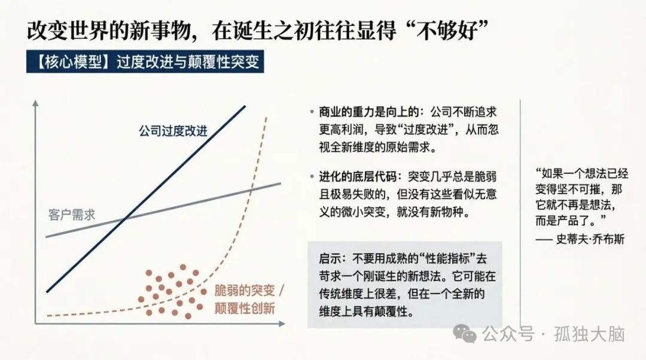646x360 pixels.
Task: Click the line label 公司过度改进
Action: pos(173,130)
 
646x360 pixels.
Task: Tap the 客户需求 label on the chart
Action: pos(72,214)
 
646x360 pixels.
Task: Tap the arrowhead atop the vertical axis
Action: pos(36,102)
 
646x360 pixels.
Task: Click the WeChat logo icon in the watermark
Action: pos(465,333)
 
